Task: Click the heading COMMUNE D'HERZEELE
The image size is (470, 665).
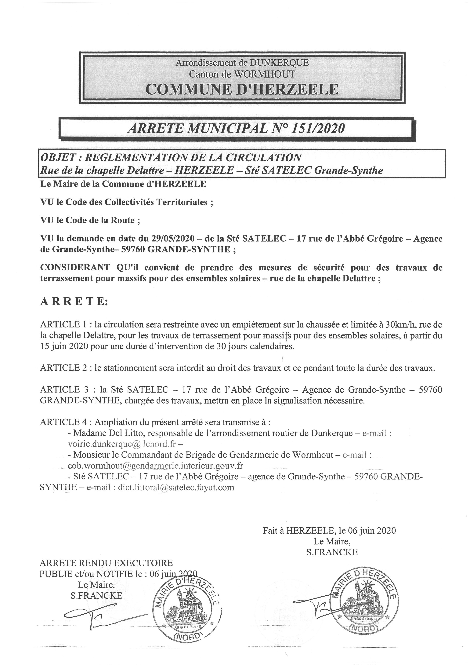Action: click(242, 89)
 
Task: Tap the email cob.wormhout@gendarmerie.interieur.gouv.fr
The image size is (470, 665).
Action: click(155, 466)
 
